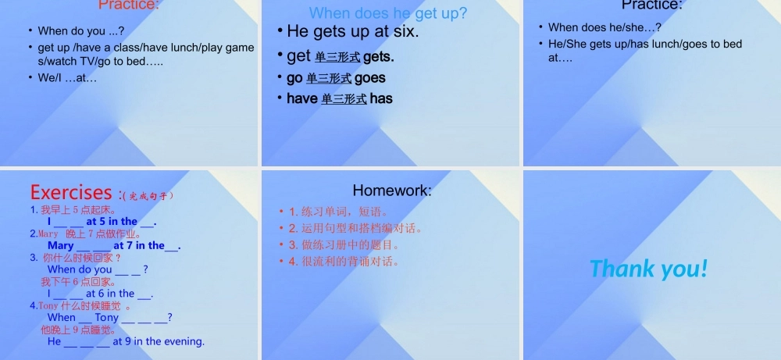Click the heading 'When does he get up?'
[x=388, y=12]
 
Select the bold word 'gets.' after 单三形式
[x=379, y=56]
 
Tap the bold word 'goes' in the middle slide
[x=369, y=78]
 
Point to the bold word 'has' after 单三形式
[x=381, y=98]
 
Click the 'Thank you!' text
[x=649, y=269]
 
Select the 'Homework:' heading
[x=392, y=190]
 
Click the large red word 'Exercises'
[x=71, y=192]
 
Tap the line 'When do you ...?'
[x=81, y=31]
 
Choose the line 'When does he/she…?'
[x=605, y=27]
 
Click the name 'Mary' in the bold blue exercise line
[x=61, y=245]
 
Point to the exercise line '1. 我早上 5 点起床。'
[x=73, y=210]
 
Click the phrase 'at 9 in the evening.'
[x=159, y=341]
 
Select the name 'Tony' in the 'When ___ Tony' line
[x=107, y=318]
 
